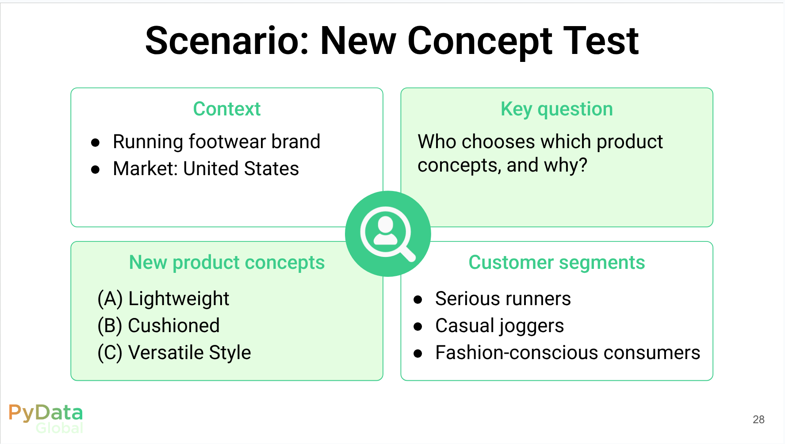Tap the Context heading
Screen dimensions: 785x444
227,109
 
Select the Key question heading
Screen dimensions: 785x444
557,109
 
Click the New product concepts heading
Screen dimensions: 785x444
227,263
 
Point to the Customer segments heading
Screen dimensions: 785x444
557,263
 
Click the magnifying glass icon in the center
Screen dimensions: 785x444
388,233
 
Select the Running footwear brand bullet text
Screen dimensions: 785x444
216,142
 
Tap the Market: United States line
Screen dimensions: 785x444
206,168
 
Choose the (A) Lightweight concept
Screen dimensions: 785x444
163,299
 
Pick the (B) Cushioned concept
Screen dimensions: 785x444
158,326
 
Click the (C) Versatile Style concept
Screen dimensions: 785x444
174,353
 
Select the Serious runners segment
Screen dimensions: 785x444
503,299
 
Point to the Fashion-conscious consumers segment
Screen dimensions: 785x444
568,353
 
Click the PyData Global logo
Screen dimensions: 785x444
46,418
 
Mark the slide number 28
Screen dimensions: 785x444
758,419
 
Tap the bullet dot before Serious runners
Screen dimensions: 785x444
418,300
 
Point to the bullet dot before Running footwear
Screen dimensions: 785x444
95,142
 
